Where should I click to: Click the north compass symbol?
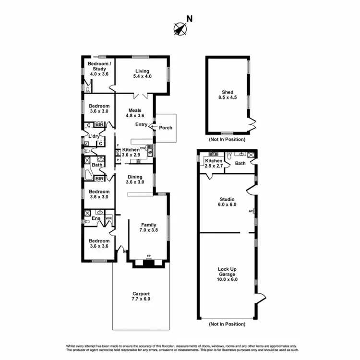coord(180,29)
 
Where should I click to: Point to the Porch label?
coord(165,128)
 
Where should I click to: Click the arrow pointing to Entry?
coord(152,127)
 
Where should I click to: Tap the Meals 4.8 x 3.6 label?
coord(135,113)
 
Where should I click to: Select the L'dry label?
coord(94,136)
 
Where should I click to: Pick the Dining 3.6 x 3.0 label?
coord(135,180)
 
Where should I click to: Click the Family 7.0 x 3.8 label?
coord(148,227)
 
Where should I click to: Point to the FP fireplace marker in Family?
coord(149,255)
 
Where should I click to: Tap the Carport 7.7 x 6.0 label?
coord(141,296)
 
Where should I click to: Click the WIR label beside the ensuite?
coord(109,217)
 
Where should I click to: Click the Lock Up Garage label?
coord(227,274)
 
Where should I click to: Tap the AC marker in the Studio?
coord(251,211)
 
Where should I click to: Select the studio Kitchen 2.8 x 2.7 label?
coord(214,163)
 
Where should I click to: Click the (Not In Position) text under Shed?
coord(227,139)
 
